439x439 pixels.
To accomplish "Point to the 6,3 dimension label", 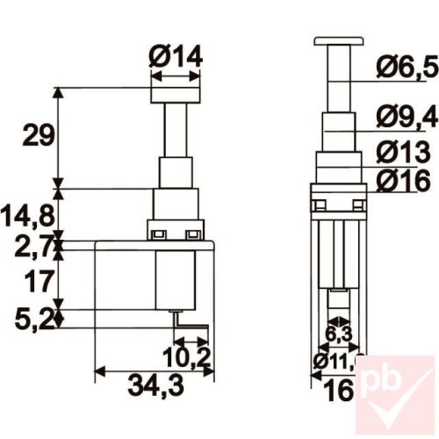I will click(x=338, y=334).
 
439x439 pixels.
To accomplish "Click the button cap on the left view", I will click(x=176, y=90).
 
